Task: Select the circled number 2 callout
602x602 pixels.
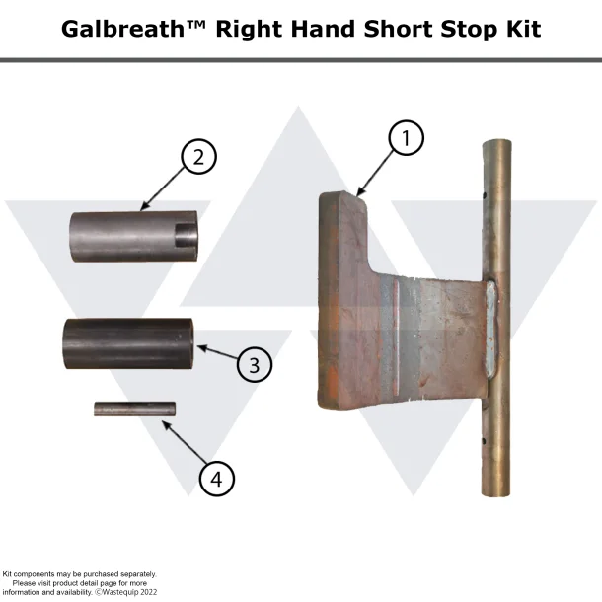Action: coord(198,157)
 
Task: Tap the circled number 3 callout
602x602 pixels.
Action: coord(254,364)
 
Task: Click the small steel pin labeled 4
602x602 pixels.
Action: coord(134,408)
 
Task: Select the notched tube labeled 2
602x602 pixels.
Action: coord(133,233)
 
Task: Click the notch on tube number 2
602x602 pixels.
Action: coord(185,235)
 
